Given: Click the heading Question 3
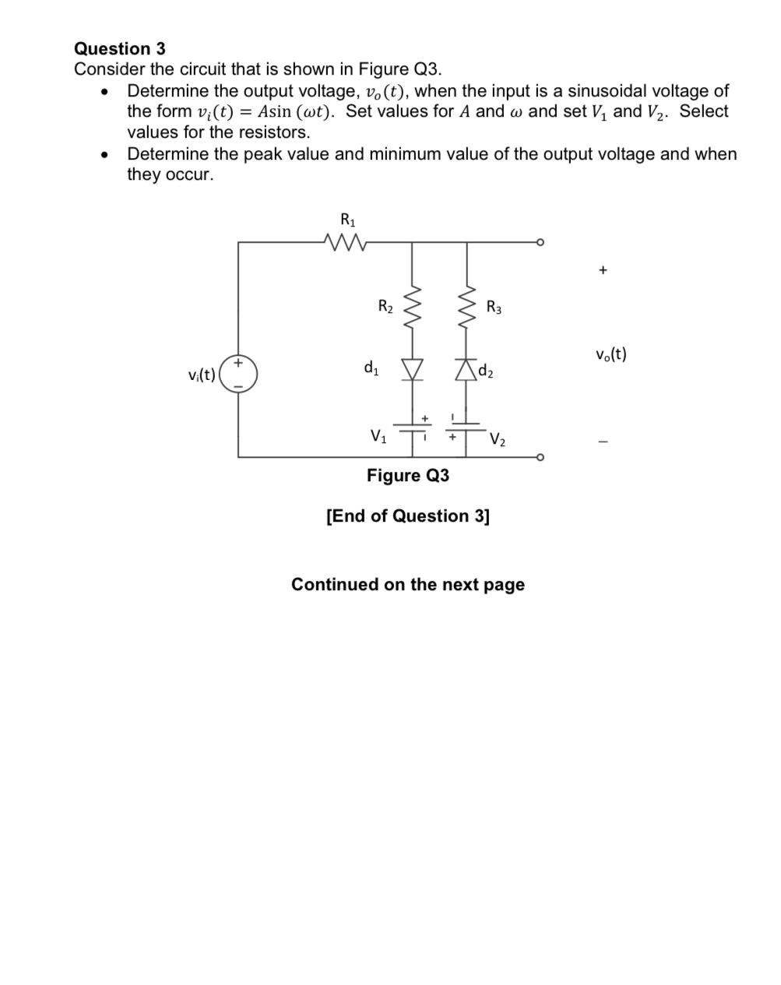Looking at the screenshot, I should coord(119,48).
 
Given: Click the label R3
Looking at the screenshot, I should coord(494,307).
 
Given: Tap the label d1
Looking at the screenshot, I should coord(371,366).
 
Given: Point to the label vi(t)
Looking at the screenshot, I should coord(202,375).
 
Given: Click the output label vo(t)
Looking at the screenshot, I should coord(610,354).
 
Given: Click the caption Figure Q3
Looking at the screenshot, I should coord(408,475).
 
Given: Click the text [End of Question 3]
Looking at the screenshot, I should coord(408,515).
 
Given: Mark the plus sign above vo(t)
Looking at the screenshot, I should coord(602,270).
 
